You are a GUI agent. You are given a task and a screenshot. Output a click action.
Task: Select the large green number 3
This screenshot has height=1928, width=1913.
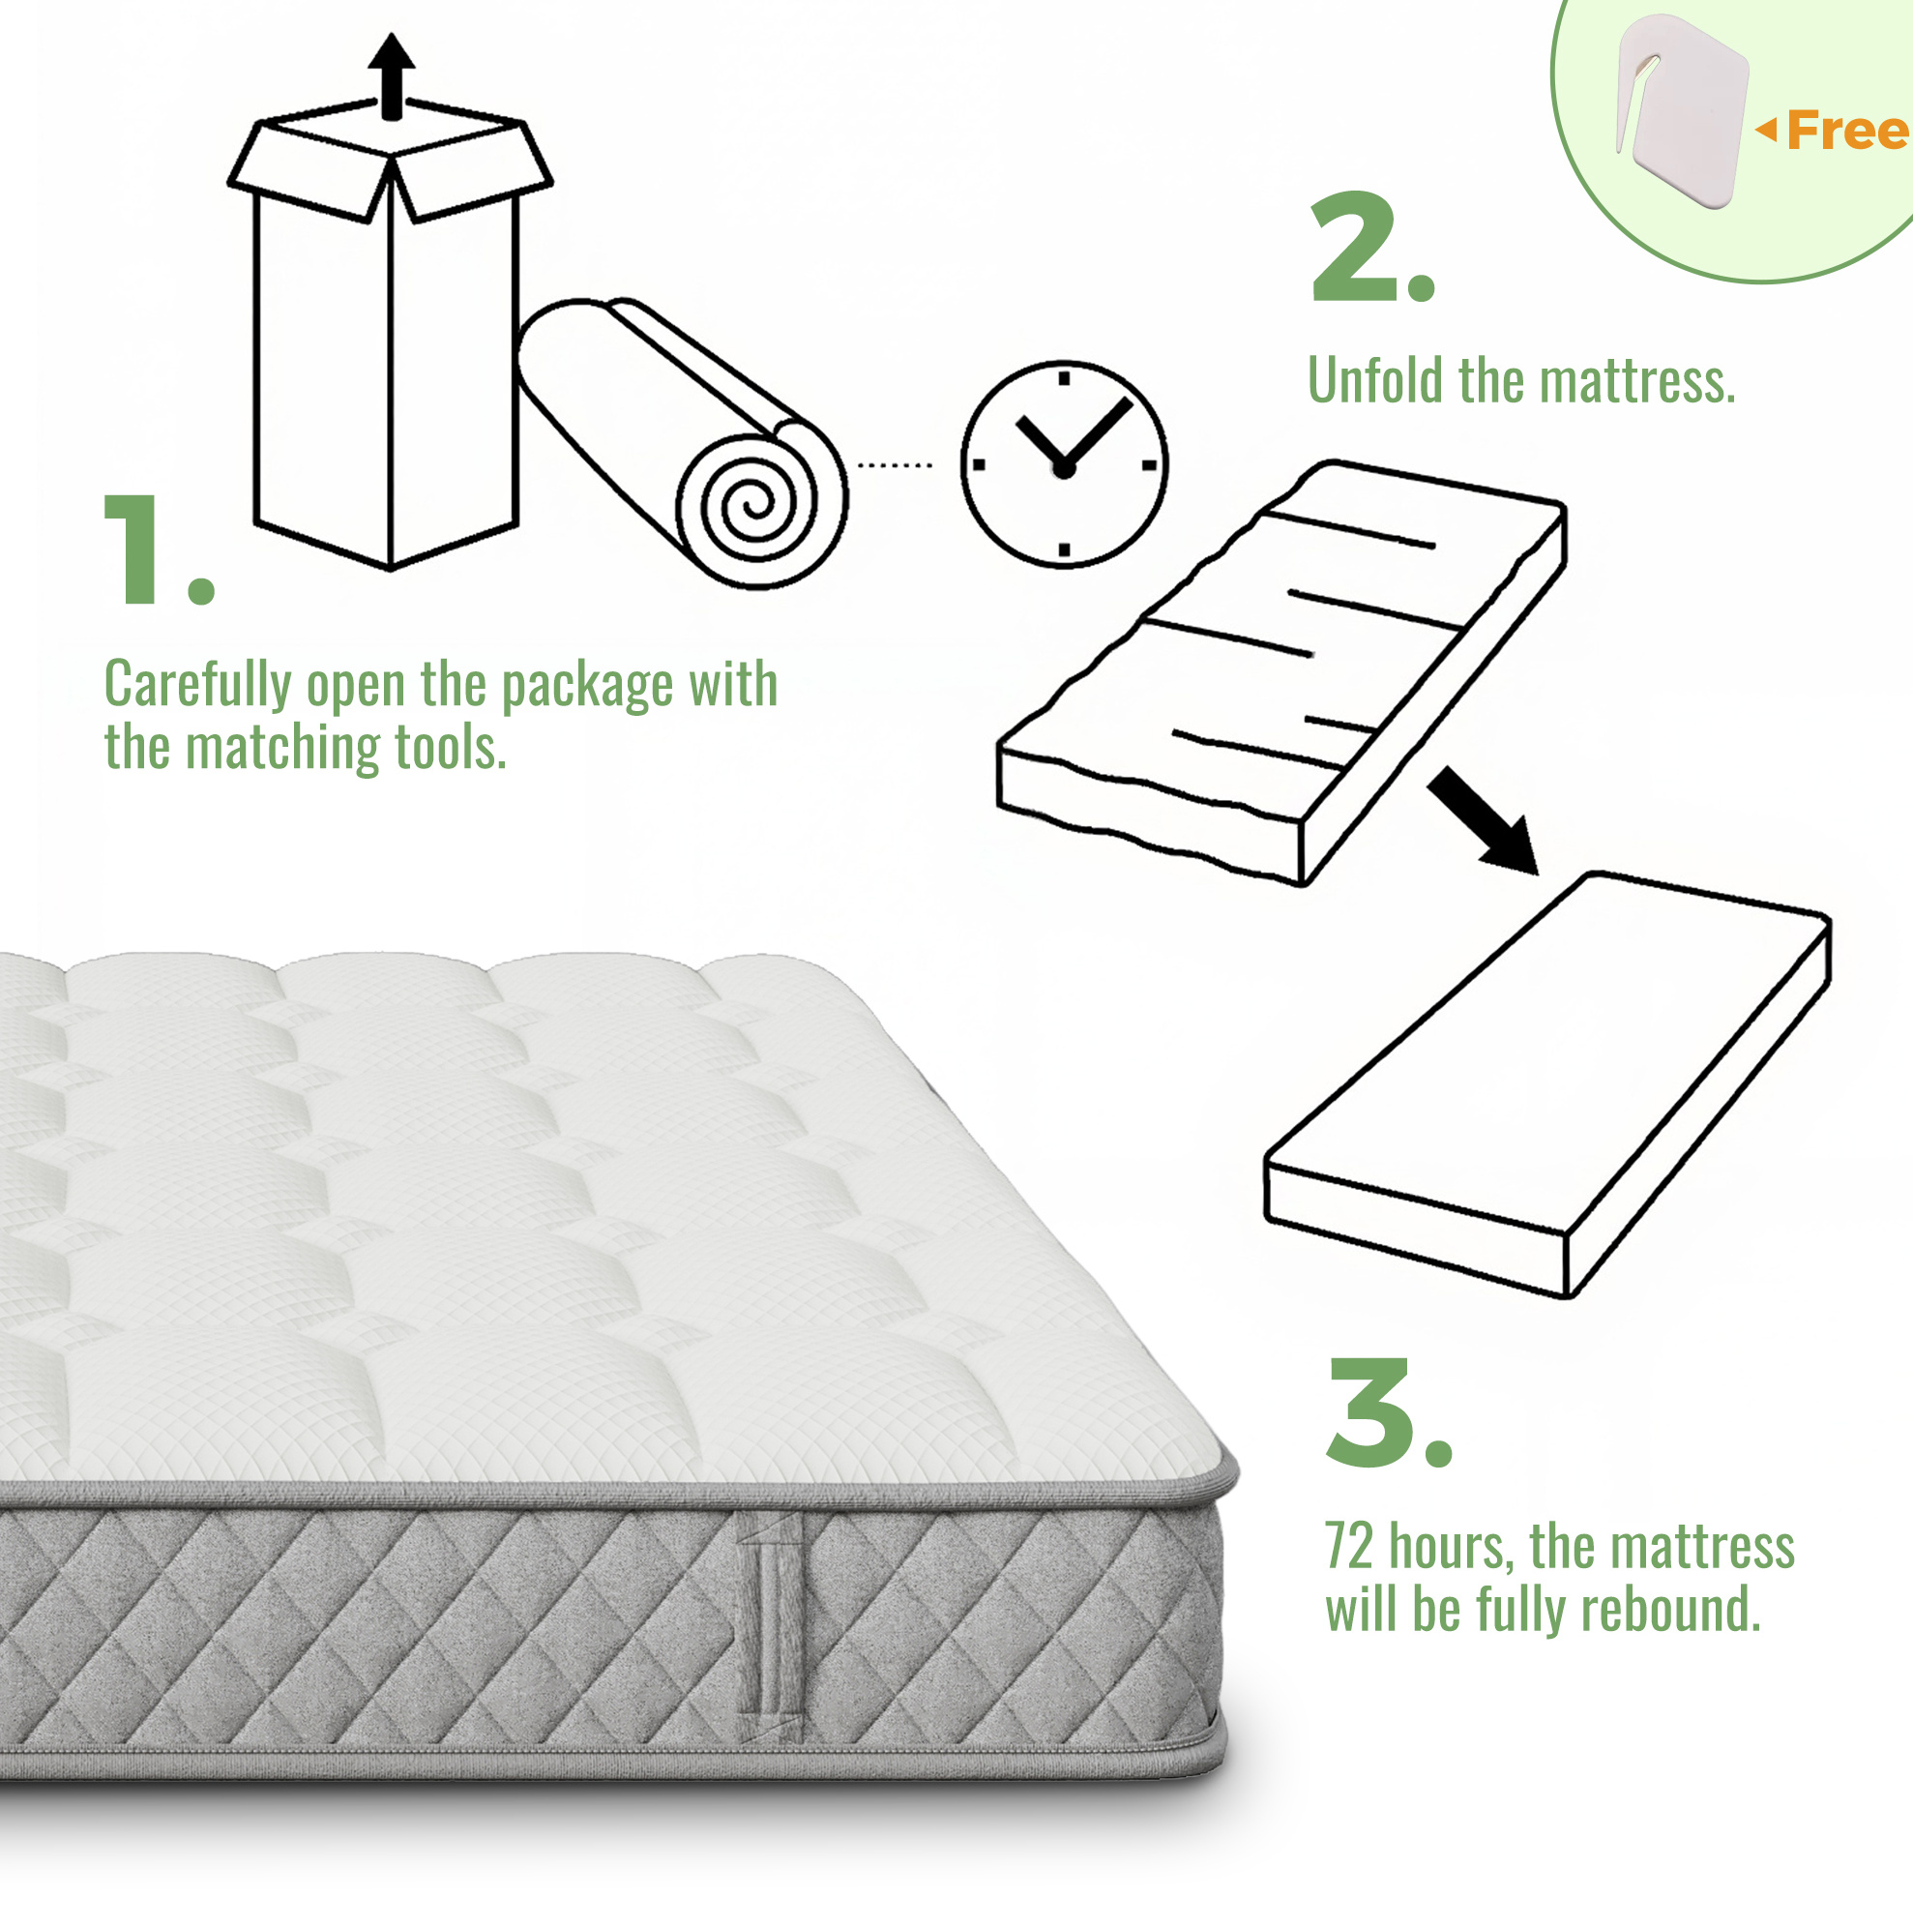(x=1370, y=1411)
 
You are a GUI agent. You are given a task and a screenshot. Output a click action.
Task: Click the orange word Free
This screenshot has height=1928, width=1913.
(x=1847, y=131)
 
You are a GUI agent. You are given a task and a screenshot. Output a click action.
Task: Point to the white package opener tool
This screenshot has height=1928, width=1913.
(x=1682, y=109)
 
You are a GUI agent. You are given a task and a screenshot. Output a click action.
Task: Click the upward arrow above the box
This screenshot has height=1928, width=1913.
(x=391, y=75)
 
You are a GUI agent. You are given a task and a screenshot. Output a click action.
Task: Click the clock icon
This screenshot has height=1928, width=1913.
(x=1064, y=464)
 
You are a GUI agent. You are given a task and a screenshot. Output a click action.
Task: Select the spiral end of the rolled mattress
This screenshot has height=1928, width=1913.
(x=760, y=502)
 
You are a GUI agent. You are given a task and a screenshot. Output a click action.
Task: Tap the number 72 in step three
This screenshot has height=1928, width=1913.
(x=1349, y=1547)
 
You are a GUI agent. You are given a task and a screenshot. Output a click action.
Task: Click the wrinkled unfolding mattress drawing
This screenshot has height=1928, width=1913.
(x=1282, y=672)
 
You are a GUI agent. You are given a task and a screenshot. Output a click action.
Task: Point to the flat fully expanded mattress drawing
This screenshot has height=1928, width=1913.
(x=1547, y=1084)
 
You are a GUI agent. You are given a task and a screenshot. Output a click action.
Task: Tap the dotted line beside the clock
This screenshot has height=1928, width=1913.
(x=896, y=465)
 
